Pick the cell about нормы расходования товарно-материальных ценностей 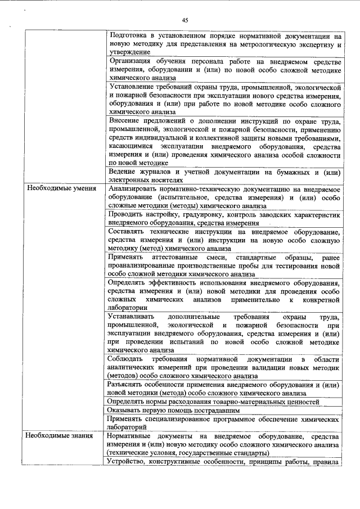[215, 402]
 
